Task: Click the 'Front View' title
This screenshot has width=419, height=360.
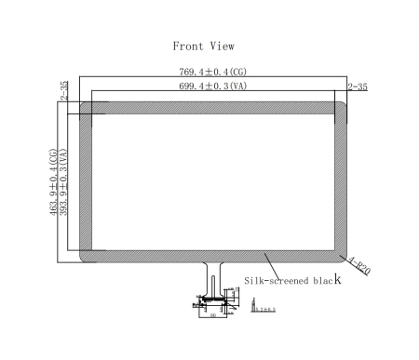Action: pos(203,46)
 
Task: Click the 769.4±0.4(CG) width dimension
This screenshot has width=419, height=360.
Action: pos(213,71)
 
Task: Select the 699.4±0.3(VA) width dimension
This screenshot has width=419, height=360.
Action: pos(213,87)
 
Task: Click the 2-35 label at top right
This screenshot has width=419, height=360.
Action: pos(357,87)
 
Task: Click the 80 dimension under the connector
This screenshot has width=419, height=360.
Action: pos(212,315)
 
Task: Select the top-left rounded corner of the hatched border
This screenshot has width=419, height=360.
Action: pos(86,107)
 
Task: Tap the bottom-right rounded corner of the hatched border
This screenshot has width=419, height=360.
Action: pos(343,256)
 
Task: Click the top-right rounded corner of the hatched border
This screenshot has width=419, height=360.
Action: pos(343,107)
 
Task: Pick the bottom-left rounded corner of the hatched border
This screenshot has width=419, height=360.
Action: pos(86,256)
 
